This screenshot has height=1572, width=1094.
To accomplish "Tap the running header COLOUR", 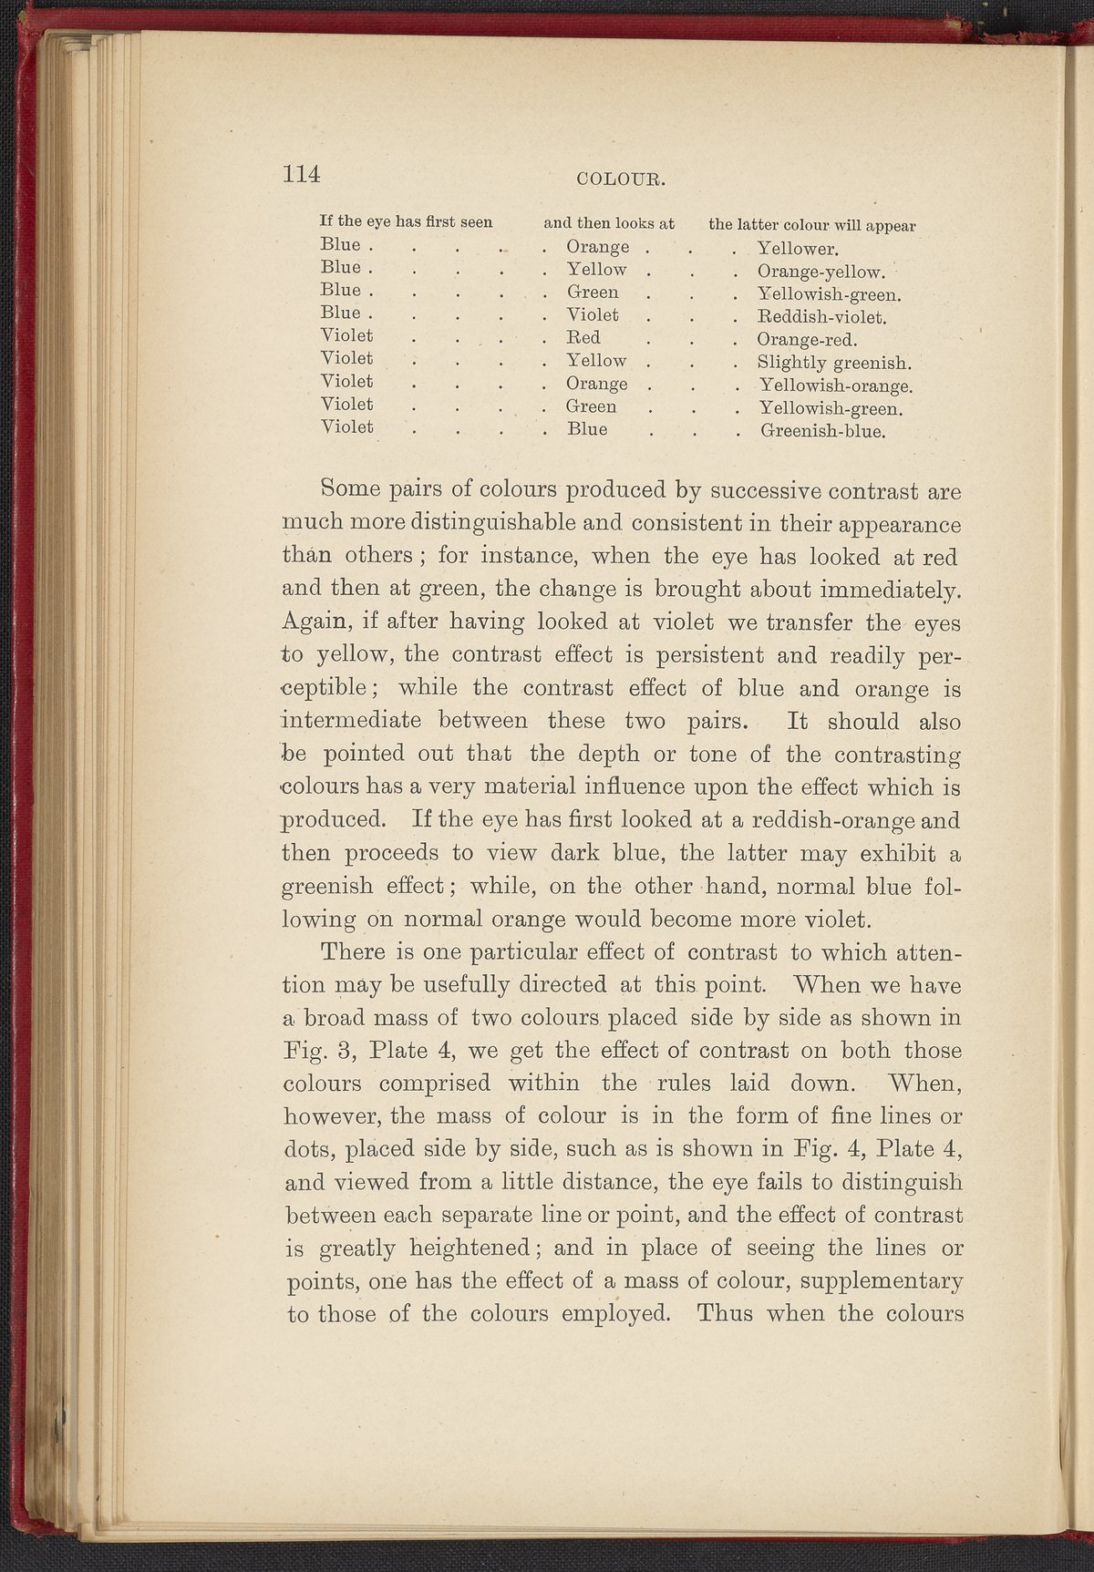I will (623, 179).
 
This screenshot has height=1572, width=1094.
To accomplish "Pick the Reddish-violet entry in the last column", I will (822, 317).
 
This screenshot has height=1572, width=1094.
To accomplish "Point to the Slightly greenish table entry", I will (829, 363).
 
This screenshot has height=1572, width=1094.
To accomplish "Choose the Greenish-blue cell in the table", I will (822, 431).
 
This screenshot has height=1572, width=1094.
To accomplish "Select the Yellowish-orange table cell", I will (836, 385).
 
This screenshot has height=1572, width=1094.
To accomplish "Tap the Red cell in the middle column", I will (583, 338).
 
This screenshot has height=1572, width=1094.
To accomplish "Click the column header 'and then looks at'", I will (608, 221).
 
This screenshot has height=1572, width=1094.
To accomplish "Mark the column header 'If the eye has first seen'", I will (406, 221).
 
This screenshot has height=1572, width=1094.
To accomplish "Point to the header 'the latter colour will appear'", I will (812, 224).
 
